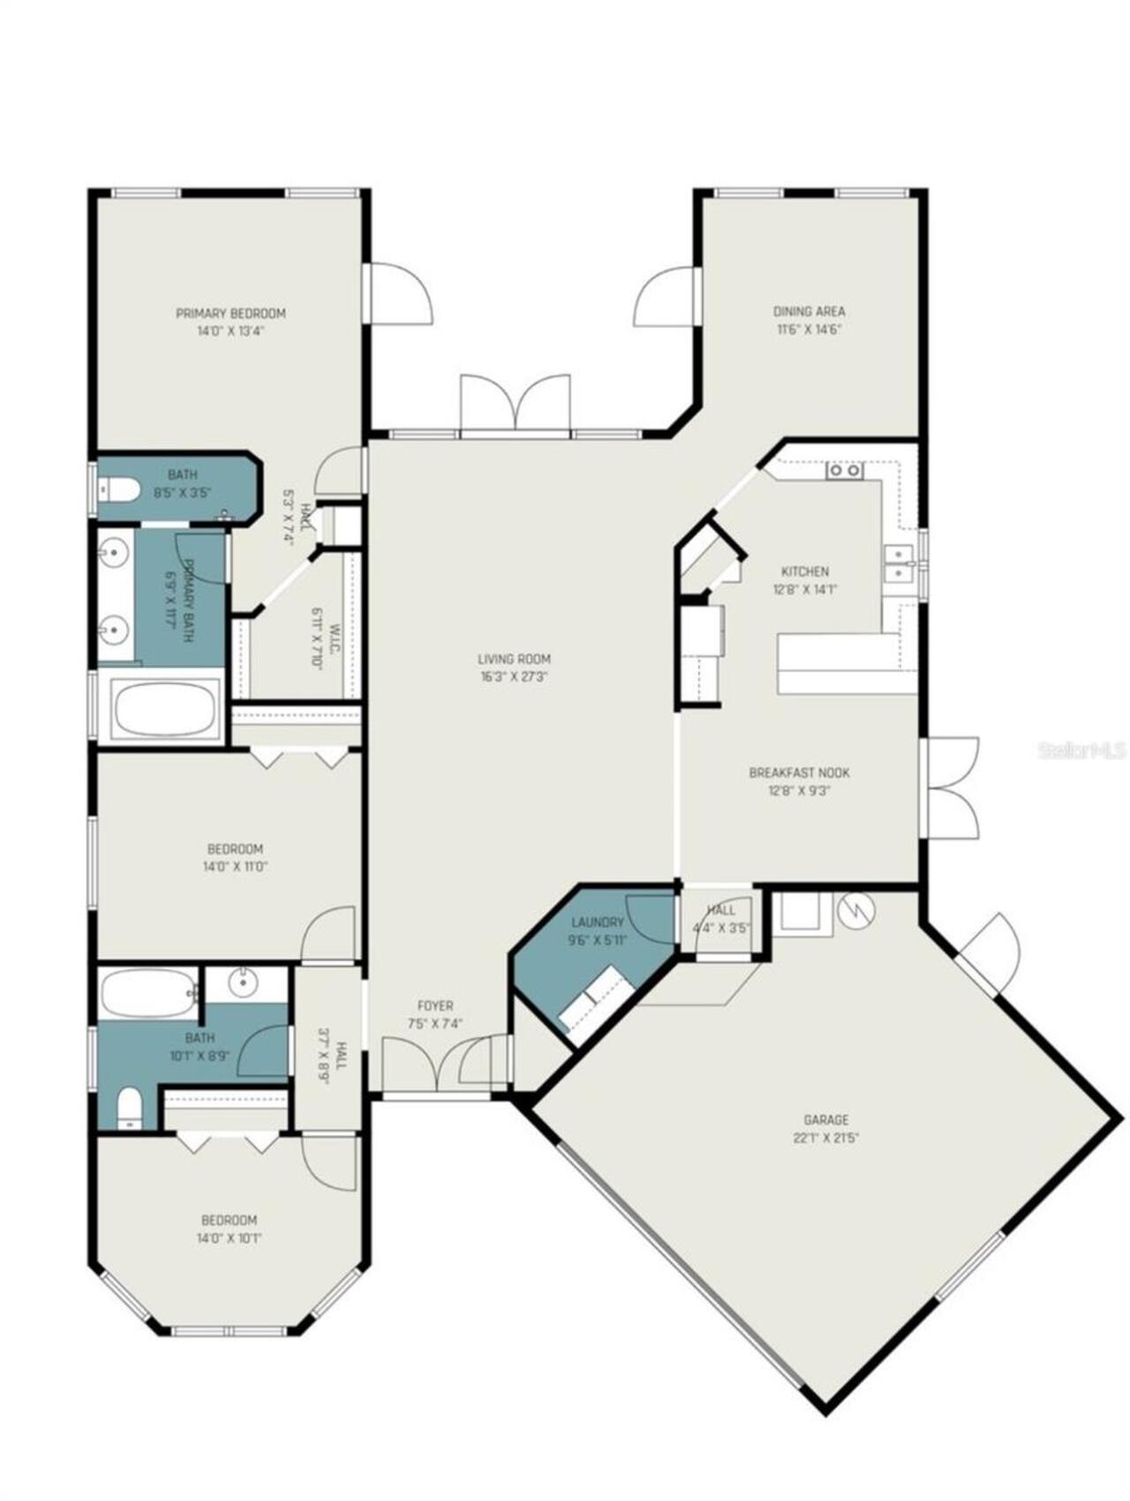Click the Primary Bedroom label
[x=230, y=313]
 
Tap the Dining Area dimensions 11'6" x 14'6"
[x=809, y=329]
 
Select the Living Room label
[x=514, y=658]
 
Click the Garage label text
[x=826, y=1120]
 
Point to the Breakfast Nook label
[x=799, y=772]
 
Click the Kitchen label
[x=804, y=571]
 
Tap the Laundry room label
[x=598, y=922]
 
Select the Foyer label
[x=435, y=1005]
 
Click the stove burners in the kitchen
[x=844, y=470]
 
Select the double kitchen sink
[x=899, y=563]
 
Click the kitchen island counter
[x=843, y=664]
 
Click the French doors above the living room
[x=515, y=406]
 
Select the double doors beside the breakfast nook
[x=952, y=788]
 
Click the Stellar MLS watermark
[x=1082, y=751]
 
